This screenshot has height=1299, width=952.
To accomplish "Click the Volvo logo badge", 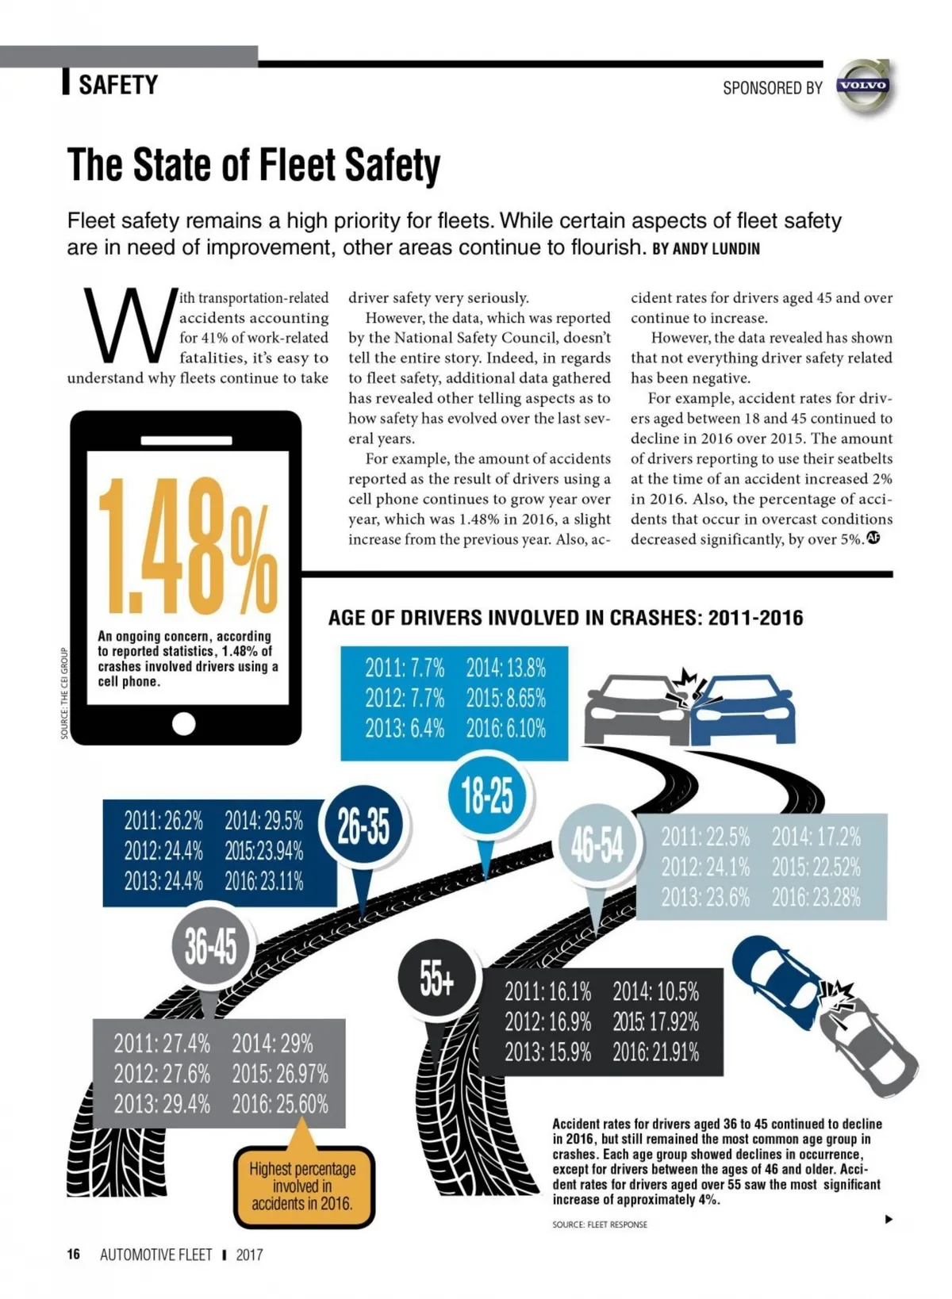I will coord(864,86).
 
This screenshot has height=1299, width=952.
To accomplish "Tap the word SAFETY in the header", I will coord(118,84).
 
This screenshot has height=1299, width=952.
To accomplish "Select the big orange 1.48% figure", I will coord(188,547).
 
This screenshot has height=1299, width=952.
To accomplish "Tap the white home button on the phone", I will coord(184,723).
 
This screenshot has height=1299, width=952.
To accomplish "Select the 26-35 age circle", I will coord(364,827).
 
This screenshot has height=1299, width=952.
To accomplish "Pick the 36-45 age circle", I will coord(210,946).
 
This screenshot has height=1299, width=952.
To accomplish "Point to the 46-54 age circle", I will coord(597,846).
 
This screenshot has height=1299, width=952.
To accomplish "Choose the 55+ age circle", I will coord(437,980).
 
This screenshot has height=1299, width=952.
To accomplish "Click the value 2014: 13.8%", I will coord(505,668).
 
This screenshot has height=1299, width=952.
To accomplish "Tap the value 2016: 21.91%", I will coord(656,1052).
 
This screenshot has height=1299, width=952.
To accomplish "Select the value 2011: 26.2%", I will coord(163,820).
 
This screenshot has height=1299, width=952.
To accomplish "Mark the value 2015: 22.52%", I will coord(816,867).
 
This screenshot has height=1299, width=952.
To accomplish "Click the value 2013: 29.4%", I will coord(162,1103).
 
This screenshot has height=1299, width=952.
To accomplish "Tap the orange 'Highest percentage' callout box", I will coord(303,1186).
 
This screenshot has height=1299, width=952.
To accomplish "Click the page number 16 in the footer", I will coord(74,1254).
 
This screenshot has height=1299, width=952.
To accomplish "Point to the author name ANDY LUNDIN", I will coord(716,249).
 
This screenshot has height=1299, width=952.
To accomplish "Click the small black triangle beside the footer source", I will coord(889,1219).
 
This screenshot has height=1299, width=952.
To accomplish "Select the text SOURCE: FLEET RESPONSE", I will coord(600,1224).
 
